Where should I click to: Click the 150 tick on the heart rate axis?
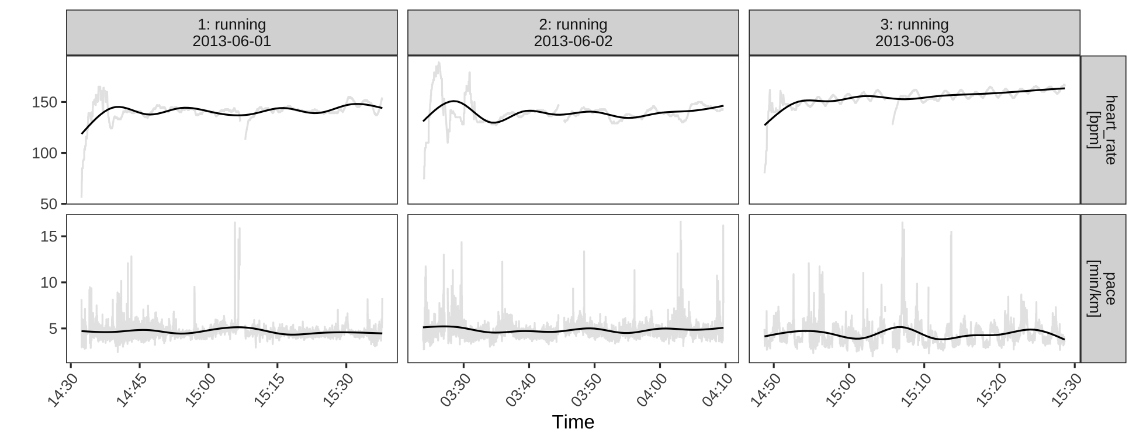pos(49,102)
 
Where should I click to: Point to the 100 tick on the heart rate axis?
pos(49,153)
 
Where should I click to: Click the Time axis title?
pos(573,422)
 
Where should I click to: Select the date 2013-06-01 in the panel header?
pos(231,42)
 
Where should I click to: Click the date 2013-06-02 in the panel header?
pos(573,42)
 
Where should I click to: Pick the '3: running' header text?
pos(914,25)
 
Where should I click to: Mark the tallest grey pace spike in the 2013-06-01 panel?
pos(235,223)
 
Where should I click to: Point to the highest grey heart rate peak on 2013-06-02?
pos(439,63)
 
